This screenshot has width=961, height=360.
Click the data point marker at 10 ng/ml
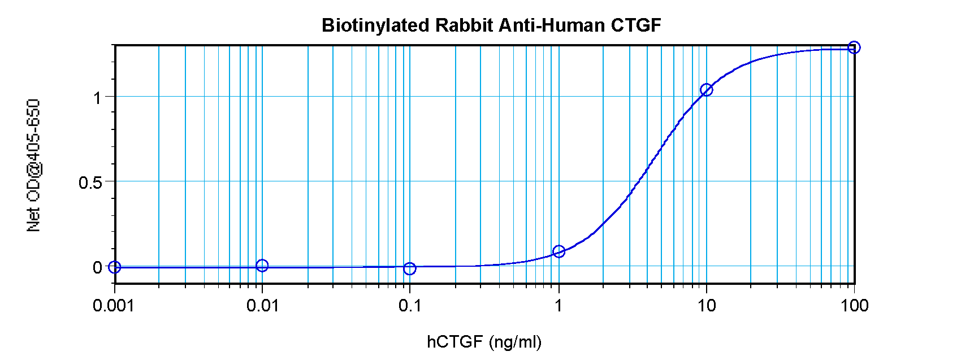706,89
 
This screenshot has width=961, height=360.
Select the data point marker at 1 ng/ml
559,251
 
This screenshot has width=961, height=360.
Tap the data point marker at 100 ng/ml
854,47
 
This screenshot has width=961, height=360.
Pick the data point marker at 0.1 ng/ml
410,268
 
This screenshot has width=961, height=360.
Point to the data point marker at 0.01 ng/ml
262,265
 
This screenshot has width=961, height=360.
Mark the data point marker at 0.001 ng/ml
115,267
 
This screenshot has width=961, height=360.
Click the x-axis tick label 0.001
114,306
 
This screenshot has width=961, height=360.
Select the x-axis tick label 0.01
262,306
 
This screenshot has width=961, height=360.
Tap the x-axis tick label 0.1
410,306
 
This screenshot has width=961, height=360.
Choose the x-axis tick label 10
706,306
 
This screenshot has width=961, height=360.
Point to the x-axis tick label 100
854,306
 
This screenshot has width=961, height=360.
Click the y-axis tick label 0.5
90,183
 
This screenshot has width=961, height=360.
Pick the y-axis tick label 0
97,267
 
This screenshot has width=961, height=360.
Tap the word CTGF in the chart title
636,25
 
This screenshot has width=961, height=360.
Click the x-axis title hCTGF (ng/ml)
484,341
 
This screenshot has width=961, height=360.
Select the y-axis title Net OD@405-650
34,165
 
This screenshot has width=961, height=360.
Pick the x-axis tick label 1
558,306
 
